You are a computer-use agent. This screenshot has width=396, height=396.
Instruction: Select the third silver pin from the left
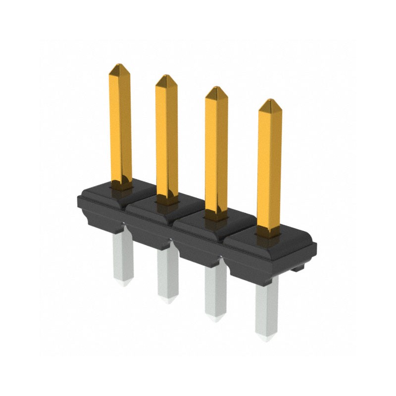[215, 292]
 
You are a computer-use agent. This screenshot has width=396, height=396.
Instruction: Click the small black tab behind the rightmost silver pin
[297, 269]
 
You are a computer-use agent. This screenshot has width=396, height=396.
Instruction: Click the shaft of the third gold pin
[217, 148]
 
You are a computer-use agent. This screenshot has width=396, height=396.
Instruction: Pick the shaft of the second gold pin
[167, 139]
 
